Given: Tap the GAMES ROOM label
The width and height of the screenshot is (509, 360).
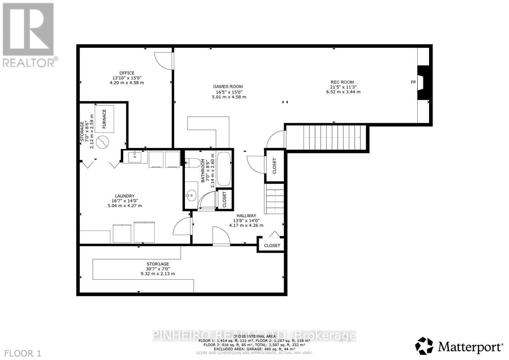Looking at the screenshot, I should click(228, 86).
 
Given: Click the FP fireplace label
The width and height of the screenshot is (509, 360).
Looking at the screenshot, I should click(413, 82).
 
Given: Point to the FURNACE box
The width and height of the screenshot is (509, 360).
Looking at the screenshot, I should click(104, 119).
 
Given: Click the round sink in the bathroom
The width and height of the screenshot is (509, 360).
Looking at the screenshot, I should click(191, 196).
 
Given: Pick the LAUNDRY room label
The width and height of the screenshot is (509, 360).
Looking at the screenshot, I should click(125, 196).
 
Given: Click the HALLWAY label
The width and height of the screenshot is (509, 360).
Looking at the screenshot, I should click(246, 216).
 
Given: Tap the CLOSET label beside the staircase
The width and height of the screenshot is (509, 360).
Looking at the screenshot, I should click(274, 166).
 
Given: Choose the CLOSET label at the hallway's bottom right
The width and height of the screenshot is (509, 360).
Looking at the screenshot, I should click(272, 246).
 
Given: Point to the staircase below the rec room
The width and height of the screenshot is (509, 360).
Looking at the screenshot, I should click(331, 137).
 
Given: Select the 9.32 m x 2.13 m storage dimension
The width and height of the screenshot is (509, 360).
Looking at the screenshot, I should click(158, 274).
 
